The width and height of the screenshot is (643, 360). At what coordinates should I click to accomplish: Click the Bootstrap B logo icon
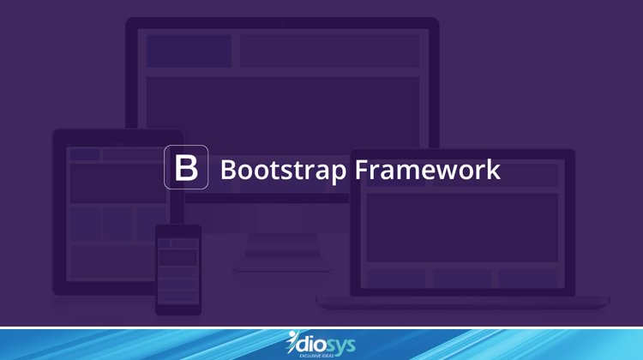[x=186, y=168]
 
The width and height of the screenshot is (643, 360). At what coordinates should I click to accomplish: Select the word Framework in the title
[x=428, y=169]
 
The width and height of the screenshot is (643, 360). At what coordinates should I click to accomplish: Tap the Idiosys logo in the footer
[x=321, y=345]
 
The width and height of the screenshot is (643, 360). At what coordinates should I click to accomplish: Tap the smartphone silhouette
[x=178, y=269]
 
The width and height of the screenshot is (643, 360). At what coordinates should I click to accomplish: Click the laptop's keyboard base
[x=463, y=301]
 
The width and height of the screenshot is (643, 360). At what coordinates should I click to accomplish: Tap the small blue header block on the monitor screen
[x=189, y=51]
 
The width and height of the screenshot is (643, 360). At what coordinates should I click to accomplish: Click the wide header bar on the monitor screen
[x=329, y=51]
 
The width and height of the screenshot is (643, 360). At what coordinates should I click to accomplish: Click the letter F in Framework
[x=361, y=169]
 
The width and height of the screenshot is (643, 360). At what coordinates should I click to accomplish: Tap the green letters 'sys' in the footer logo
[x=338, y=344]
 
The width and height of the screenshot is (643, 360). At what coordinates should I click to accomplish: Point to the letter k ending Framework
[x=492, y=169]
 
